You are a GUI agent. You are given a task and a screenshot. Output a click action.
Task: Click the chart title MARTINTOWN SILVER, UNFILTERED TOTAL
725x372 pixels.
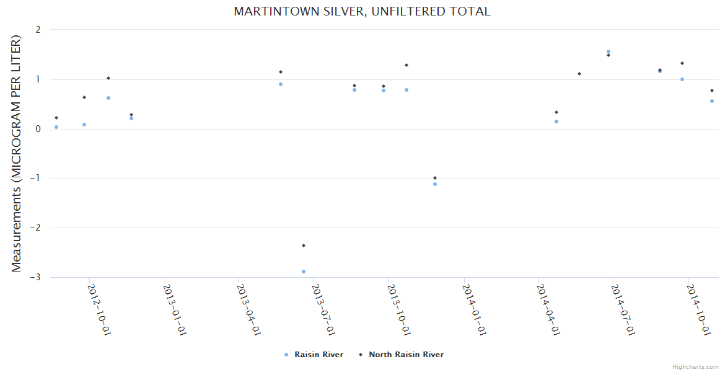point(362,12)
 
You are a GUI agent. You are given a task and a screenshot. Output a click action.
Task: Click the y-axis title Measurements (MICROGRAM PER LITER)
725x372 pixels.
point(16,153)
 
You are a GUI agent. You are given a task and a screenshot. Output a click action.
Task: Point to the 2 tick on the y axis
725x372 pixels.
point(38,30)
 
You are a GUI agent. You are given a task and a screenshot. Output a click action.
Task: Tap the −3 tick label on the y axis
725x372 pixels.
point(36,277)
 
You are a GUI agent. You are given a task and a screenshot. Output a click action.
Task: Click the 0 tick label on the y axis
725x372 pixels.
point(38,129)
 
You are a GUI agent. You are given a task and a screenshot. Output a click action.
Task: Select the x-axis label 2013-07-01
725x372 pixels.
point(323,309)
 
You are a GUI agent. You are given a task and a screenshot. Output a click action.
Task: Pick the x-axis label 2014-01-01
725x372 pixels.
point(473,309)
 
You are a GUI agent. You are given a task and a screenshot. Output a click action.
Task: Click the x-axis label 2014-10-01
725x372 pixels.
point(698,309)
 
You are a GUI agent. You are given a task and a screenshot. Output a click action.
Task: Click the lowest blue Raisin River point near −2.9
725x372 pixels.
point(304,272)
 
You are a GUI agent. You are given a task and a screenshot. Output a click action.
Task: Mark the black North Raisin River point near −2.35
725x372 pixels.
point(304,246)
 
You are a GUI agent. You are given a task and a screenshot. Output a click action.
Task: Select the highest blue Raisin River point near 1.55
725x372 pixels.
point(609,51)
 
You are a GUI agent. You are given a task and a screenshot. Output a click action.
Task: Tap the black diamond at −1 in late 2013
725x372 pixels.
point(435,178)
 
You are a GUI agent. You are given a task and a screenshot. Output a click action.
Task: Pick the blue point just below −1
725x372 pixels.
point(435,184)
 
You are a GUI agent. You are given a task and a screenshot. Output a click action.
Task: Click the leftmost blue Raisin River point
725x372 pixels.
point(56,127)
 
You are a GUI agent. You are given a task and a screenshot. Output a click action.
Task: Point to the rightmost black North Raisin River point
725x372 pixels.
point(712,91)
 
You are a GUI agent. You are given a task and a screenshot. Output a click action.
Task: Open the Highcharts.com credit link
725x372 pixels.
point(695,367)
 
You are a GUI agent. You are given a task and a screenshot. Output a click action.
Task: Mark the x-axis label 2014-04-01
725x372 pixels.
point(548,309)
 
